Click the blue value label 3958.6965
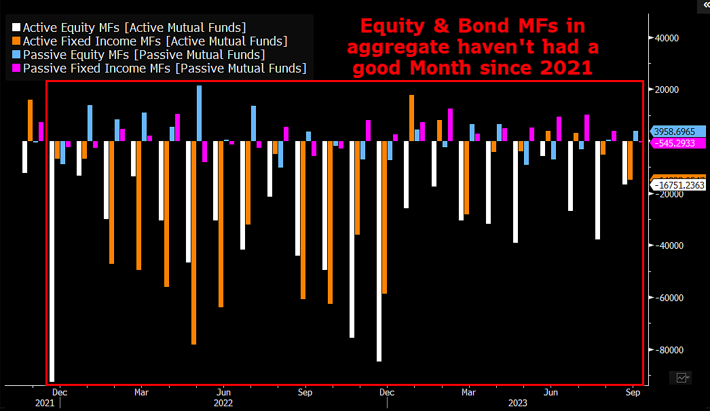pos(678,132)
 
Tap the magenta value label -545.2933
pos(678,143)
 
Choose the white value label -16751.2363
pos(678,184)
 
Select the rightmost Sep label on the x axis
pos(633,392)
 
